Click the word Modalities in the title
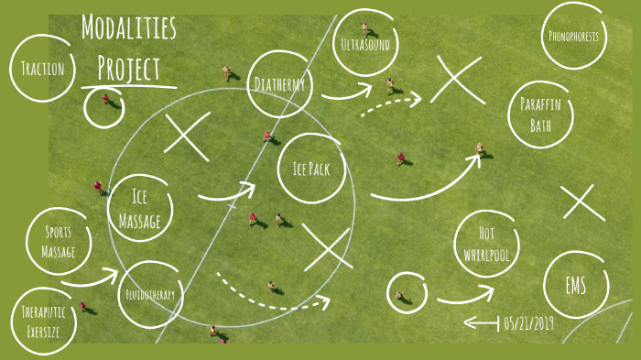click(x=128, y=28)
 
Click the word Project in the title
click(x=128, y=68)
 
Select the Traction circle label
click(x=42, y=68)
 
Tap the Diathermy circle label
click(x=280, y=84)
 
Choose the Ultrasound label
click(x=364, y=44)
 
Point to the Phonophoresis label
click(x=574, y=37)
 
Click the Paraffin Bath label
click(x=540, y=115)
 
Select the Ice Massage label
click(x=139, y=209)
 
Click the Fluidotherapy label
click(x=150, y=295)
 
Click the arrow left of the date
click(x=481, y=322)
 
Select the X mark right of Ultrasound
click(x=456, y=79)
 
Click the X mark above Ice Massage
click(x=187, y=136)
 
